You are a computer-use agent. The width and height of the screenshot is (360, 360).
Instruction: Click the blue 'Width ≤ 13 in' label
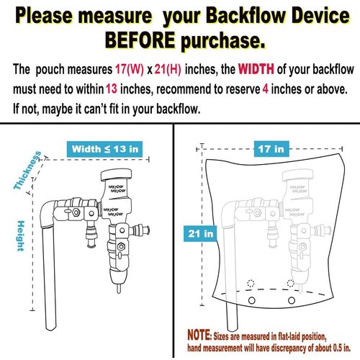[104, 149]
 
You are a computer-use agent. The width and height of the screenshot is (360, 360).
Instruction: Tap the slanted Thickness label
[27, 171]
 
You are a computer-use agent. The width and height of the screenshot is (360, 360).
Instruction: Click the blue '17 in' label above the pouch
[269, 150]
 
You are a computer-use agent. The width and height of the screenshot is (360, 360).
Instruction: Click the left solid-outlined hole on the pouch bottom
[253, 299]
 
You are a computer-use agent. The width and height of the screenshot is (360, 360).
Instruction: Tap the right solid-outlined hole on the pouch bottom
[291, 299]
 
